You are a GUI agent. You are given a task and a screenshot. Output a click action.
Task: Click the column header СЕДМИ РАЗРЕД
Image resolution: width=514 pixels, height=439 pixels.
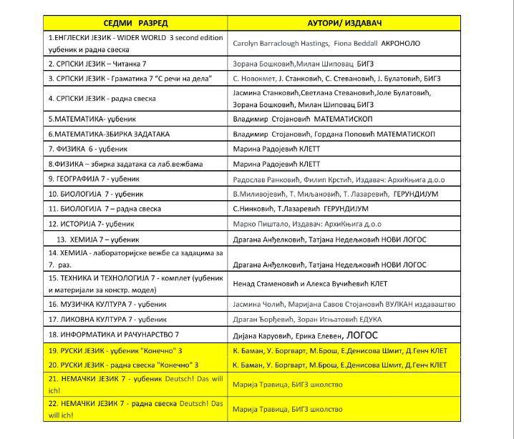coord(136,23)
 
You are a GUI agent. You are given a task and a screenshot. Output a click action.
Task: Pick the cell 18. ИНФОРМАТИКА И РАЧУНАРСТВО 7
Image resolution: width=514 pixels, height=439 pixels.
coord(113,335)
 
